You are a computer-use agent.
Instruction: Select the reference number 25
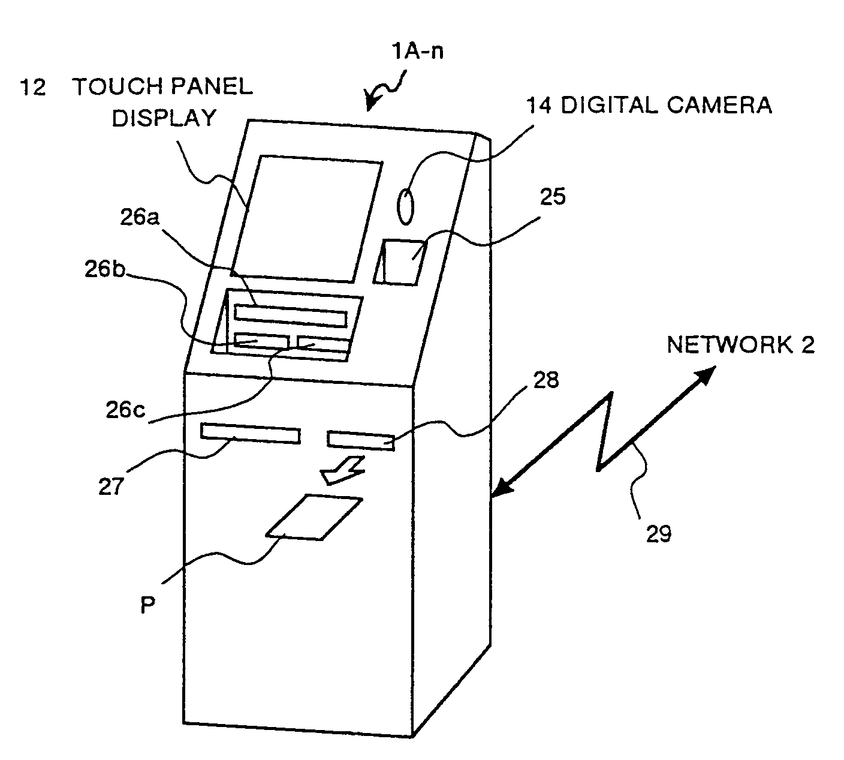click(x=553, y=197)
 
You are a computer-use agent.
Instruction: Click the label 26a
click(x=140, y=217)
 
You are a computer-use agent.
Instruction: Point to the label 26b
click(x=105, y=269)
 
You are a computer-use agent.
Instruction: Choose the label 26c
click(x=125, y=410)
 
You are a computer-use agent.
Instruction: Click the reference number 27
click(x=111, y=486)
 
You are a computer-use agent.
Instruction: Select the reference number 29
click(x=659, y=534)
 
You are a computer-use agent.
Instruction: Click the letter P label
click(x=147, y=605)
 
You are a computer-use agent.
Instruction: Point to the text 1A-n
click(x=417, y=51)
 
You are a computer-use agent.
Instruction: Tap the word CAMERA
click(x=719, y=105)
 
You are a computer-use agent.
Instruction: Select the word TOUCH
click(x=118, y=86)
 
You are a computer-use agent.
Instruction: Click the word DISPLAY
click(x=164, y=118)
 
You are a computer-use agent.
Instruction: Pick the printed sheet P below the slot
click(x=314, y=517)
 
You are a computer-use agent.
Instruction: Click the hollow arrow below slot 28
click(x=342, y=470)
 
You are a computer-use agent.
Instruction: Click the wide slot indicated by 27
click(x=251, y=433)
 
